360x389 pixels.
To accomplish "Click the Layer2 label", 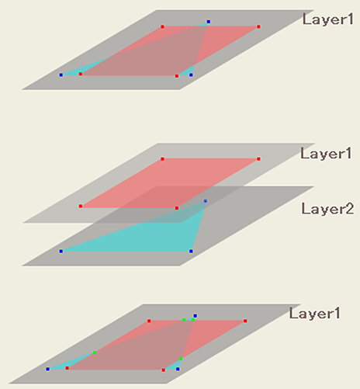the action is (x=327, y=209).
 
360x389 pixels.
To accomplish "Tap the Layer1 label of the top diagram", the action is (x=328, y=19).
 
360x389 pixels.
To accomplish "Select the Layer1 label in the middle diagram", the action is (x=326, y=154).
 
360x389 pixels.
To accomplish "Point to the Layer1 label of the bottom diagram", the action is (x=314, y=314).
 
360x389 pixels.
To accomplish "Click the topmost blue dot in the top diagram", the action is (x=209, y=22).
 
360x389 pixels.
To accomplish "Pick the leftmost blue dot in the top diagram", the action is (x=61, y=75).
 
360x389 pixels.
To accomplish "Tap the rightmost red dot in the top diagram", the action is (x=258, y=26).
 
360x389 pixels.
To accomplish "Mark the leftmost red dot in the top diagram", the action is (x=81, y=75).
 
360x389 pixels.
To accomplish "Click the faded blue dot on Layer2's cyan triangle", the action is (x=206, y=201).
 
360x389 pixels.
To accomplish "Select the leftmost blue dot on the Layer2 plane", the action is (x=61, y=252).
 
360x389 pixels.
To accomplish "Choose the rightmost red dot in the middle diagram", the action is (x=258, y=159).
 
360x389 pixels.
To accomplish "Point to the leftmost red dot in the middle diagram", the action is (x=81, y=207).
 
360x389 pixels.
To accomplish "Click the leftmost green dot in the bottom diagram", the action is (x=95, y=353).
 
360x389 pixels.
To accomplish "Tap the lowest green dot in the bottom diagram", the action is (x=181, y=359).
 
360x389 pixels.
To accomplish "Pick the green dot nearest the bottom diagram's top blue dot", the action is (x=193, y=320).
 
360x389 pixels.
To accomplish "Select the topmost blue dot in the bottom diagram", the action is (x=196, y=316).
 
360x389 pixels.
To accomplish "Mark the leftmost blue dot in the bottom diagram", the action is (x=48, y=369).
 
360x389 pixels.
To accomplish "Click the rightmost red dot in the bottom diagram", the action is (x=245, y=321).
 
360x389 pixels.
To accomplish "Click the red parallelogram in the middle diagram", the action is (x=169, y=183).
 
